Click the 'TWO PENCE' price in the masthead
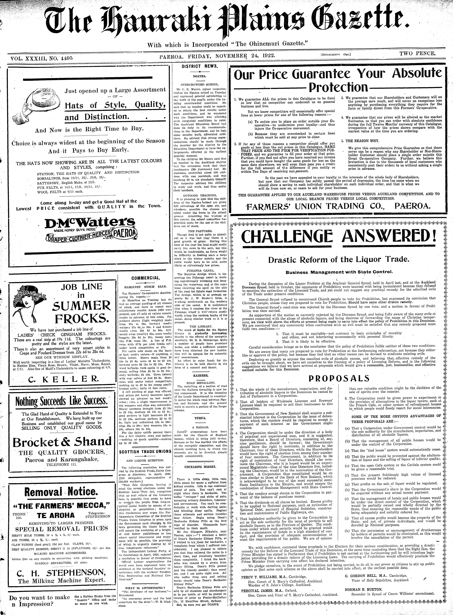(417, 54)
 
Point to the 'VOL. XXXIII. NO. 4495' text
(41, 58)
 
